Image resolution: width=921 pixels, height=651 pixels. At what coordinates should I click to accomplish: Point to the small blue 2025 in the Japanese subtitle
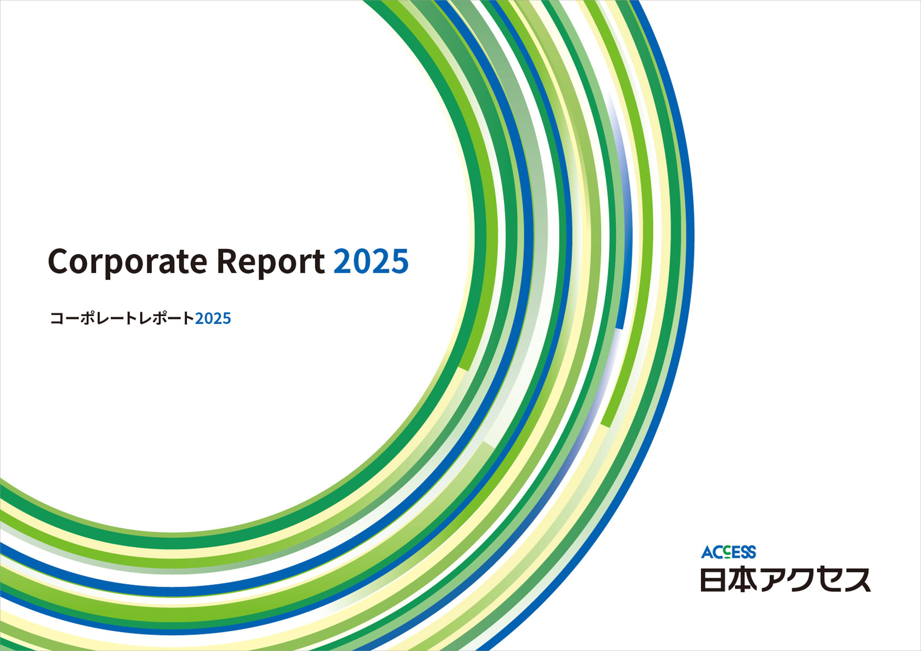(213, 318)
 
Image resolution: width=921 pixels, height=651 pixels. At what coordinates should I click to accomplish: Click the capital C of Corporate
(59, 261)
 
